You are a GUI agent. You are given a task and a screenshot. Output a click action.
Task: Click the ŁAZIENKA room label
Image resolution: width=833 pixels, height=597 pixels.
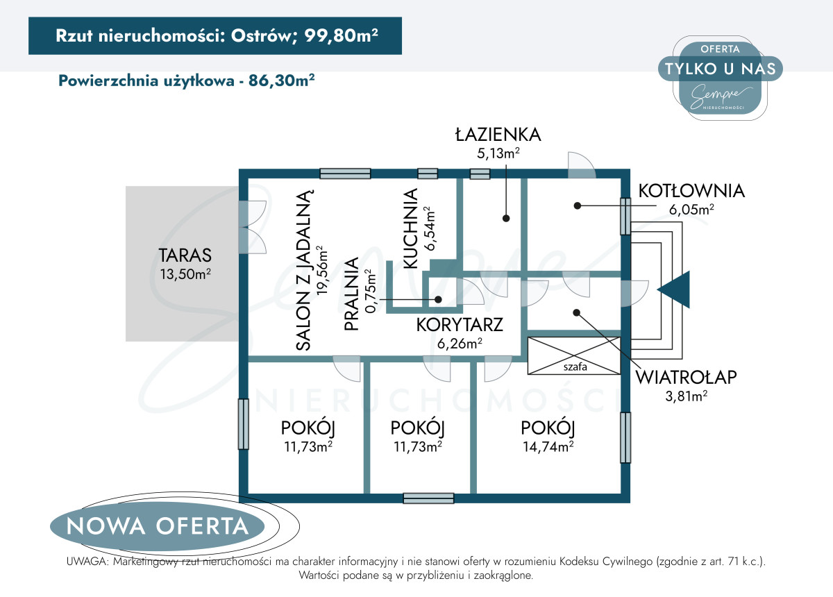tap(498, 135)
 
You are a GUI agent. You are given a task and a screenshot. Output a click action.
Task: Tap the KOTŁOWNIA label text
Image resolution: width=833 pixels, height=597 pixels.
tap(691, 191)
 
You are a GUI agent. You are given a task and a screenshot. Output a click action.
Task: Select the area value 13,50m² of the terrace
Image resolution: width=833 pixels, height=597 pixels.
tap(185, 274)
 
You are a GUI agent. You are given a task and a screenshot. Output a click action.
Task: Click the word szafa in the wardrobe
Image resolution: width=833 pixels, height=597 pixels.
tap(575, 367)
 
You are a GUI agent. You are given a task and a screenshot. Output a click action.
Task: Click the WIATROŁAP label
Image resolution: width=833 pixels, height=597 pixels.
tap(686, 377)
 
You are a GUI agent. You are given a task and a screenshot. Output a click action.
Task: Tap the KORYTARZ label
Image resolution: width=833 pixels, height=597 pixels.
tap(460, 325)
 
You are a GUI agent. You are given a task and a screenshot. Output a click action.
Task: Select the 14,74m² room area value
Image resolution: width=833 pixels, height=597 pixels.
tap(548, 446)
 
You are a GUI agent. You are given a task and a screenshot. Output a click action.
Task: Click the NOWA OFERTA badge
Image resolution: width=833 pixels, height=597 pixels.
tap(158, 526)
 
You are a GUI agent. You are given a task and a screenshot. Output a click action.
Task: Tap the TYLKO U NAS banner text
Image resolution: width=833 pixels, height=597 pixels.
tap(721, 69)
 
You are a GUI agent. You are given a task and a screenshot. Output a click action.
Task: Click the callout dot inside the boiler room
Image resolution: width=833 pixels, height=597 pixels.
tap(577, 205)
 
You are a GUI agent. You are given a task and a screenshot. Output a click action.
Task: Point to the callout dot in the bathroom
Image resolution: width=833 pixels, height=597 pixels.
tap(506, 219)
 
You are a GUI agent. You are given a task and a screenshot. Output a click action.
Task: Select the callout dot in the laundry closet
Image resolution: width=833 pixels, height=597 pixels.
tap(439, 299)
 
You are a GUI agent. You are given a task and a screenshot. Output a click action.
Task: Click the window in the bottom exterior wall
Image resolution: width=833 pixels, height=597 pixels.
tap(428, 498)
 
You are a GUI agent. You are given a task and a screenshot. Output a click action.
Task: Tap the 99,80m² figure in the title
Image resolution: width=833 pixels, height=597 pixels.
tap(341, 35)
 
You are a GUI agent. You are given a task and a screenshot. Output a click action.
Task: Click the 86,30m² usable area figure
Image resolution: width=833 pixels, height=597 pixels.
tap(282, 81)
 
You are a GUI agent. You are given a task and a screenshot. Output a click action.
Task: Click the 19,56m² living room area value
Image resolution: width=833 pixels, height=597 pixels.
tap(322, 271)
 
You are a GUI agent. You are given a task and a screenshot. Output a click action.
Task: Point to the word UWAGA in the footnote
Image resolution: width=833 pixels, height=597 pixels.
tap(87, 562)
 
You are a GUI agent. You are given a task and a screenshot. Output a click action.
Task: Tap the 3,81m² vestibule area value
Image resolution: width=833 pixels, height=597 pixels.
tap(686, 396)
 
